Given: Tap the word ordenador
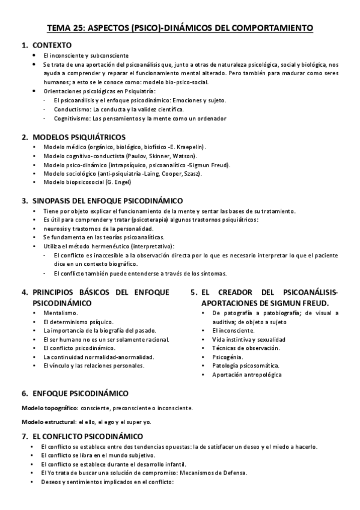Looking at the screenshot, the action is [x=212, y=118].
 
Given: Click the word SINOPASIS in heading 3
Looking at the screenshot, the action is [x=56, y=200].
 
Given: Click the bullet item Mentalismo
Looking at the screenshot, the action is [x=61, y=313].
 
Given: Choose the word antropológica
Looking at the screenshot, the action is [x=260, y=375].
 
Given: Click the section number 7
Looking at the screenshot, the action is [x=24, y=435].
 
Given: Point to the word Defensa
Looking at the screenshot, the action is [x=232, y=472].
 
